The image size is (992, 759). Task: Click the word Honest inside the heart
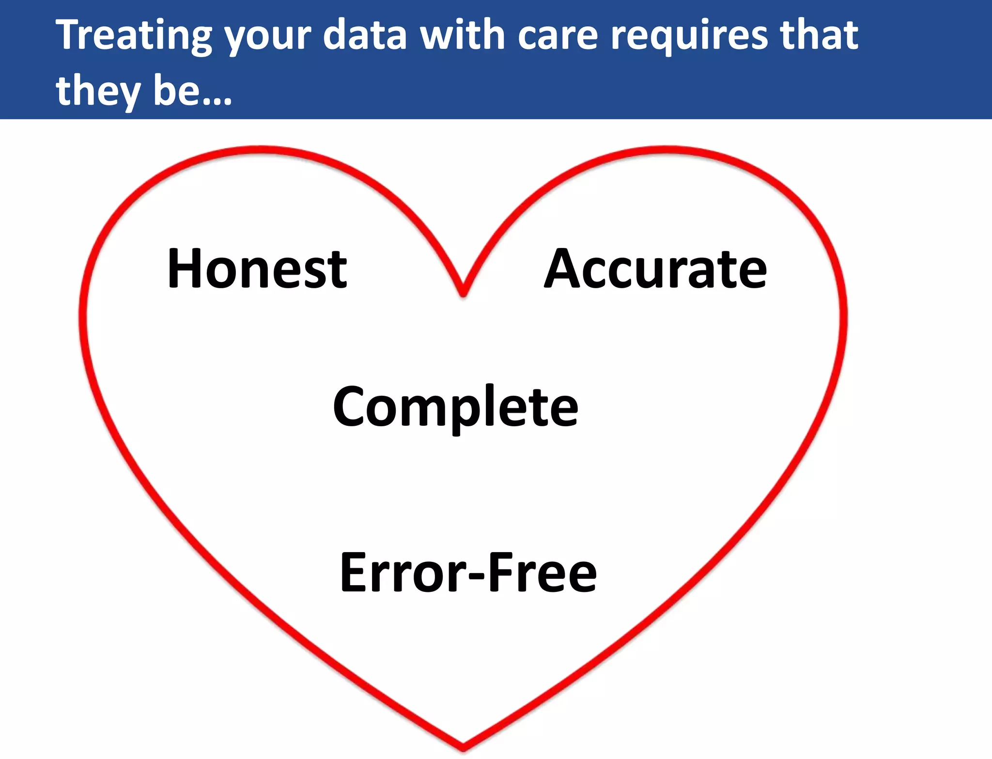(257, 269)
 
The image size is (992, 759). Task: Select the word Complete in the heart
(455, 407)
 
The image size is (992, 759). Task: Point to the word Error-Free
(468, 573)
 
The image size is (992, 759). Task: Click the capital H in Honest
(183, 269)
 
